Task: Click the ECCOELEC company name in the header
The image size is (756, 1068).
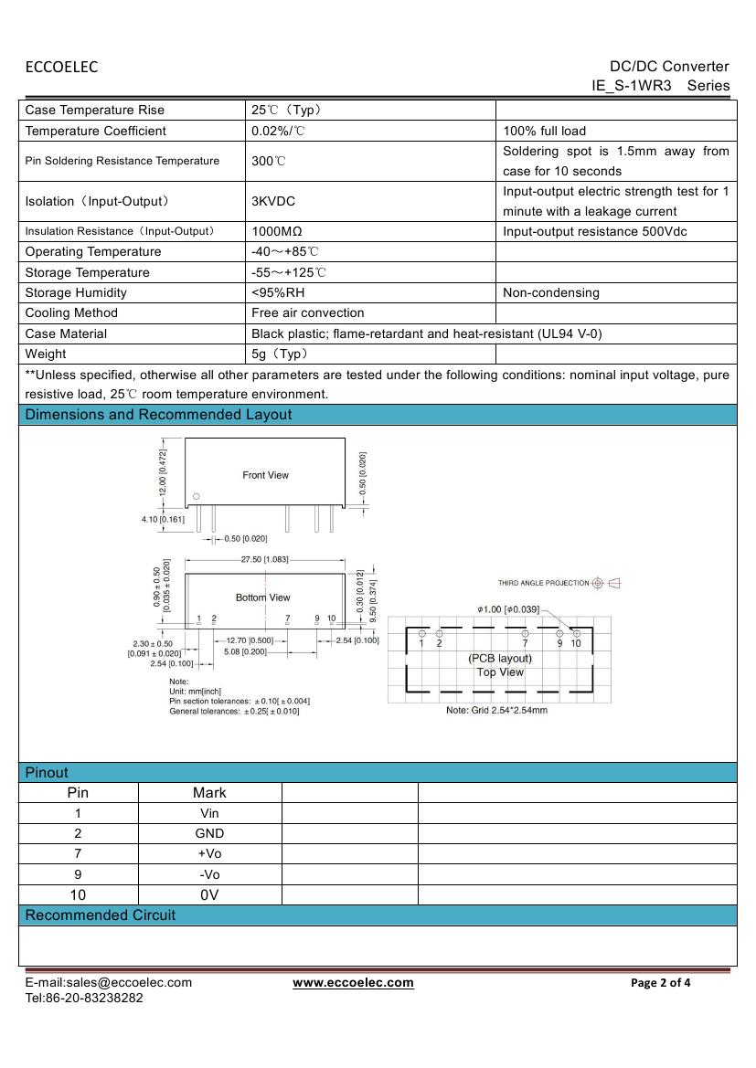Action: tap(61, 67)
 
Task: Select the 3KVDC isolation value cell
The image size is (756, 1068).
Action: tap(273, 201)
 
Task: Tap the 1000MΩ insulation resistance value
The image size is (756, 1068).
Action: tap(277, 231)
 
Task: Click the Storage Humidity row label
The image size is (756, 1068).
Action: tap(76, 292)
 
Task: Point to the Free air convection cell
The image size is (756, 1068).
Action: tap(307, 312)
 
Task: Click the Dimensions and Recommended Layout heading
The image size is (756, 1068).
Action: tap(158, 415)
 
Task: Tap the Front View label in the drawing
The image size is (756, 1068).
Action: tap(265, 475)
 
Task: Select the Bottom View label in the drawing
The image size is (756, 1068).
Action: tap(262, 597)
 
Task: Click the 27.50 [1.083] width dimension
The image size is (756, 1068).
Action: tap(264, 559)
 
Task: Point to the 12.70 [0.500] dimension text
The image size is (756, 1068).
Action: tap(249, 640)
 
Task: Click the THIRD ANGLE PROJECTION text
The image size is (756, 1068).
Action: tap(543, 583)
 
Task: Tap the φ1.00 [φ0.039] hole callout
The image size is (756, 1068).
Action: tap(508, 608)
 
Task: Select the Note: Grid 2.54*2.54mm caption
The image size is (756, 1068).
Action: tap(496, 710)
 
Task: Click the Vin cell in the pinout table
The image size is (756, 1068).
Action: tap(209, 813)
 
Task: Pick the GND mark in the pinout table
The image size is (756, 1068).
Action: tap(209, 833)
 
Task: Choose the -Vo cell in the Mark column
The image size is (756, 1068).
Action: tap(209, 874)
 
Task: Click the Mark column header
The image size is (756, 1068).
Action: tap(209, 793)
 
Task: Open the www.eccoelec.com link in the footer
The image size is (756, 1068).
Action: tap(353, 982)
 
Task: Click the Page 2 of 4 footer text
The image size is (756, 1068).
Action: tap(661, 983)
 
